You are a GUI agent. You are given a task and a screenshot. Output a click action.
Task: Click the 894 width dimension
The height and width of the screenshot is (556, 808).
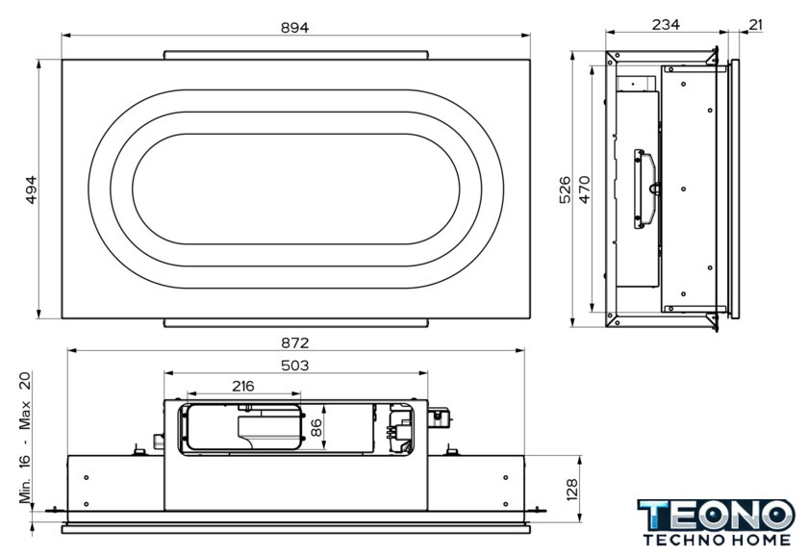[294, 28]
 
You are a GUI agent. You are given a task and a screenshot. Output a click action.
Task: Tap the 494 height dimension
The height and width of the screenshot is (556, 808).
[32, 190]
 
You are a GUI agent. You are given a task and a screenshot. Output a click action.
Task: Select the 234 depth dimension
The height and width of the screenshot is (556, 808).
[666, 25]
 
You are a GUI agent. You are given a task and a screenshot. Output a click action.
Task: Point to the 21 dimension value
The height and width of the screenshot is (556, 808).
[755, 25]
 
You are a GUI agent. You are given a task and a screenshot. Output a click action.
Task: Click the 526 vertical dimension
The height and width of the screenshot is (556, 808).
[566, 190]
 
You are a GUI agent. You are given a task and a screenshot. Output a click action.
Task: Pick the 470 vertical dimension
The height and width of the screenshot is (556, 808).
[585, 190]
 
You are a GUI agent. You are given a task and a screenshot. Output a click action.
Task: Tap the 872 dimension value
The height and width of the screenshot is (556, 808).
[294, 342]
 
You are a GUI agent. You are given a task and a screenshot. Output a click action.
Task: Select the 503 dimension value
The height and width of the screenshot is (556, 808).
[294, 366]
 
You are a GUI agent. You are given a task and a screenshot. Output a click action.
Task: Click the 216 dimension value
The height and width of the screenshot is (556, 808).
[243, 386]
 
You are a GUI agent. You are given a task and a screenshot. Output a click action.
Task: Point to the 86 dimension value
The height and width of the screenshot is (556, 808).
[316, 427]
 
